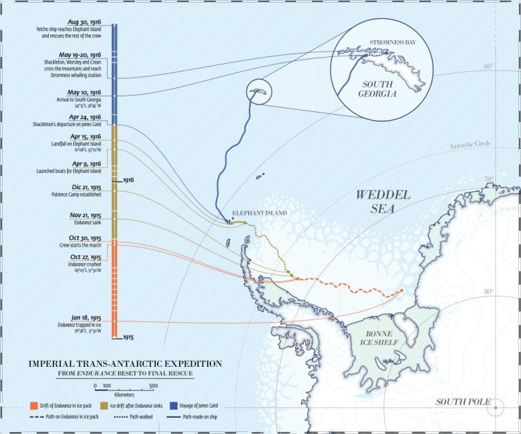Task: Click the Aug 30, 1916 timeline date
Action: pyautogui.click(x=84, y=24)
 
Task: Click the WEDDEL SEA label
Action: pyautogui.click(x=383, y=201)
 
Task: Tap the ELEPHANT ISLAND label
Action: pyautogui.click(x=260, y=213)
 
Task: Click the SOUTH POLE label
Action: pyautogui.click(x=463, y=401)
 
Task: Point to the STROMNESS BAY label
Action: pyautogui.click(x=392, y=43)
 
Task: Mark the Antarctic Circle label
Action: pyautogui.click(x=470, y=146)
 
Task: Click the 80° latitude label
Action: pyautogui.click(x=488, y=292)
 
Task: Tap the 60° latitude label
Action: pyautogui.click(x=488, y=66)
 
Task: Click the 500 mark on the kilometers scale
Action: pyautogui.click(x=153, y=385)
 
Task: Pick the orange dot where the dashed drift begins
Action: pyautogui.click(x=402, y=291)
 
